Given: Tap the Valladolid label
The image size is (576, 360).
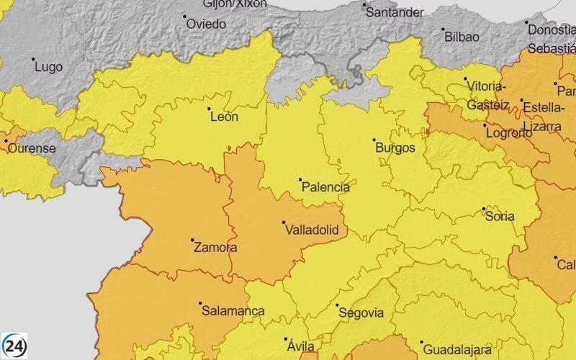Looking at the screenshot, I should click(312, 231).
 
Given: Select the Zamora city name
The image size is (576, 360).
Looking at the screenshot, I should click(215, 248).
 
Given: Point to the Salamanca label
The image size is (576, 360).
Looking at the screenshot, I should click(233, 311).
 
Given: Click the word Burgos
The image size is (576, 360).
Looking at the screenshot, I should click(395, 148).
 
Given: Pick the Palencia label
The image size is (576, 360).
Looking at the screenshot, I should click(325, 187).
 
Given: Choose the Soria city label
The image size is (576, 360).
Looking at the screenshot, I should click(500, 216).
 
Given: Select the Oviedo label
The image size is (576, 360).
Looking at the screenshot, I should click(206, 24).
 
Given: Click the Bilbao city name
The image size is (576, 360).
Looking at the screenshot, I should click(462, 36).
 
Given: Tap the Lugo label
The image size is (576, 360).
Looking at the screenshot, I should click(48, 67).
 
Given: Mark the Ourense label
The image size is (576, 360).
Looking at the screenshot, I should click(31, 148).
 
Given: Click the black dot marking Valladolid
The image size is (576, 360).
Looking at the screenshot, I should click(284, 222).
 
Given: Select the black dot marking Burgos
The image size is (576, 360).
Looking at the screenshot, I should click(374, 140).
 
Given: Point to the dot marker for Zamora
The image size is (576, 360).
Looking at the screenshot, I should click(192, 240).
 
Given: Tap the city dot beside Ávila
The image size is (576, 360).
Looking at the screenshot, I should click(287, 339).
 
